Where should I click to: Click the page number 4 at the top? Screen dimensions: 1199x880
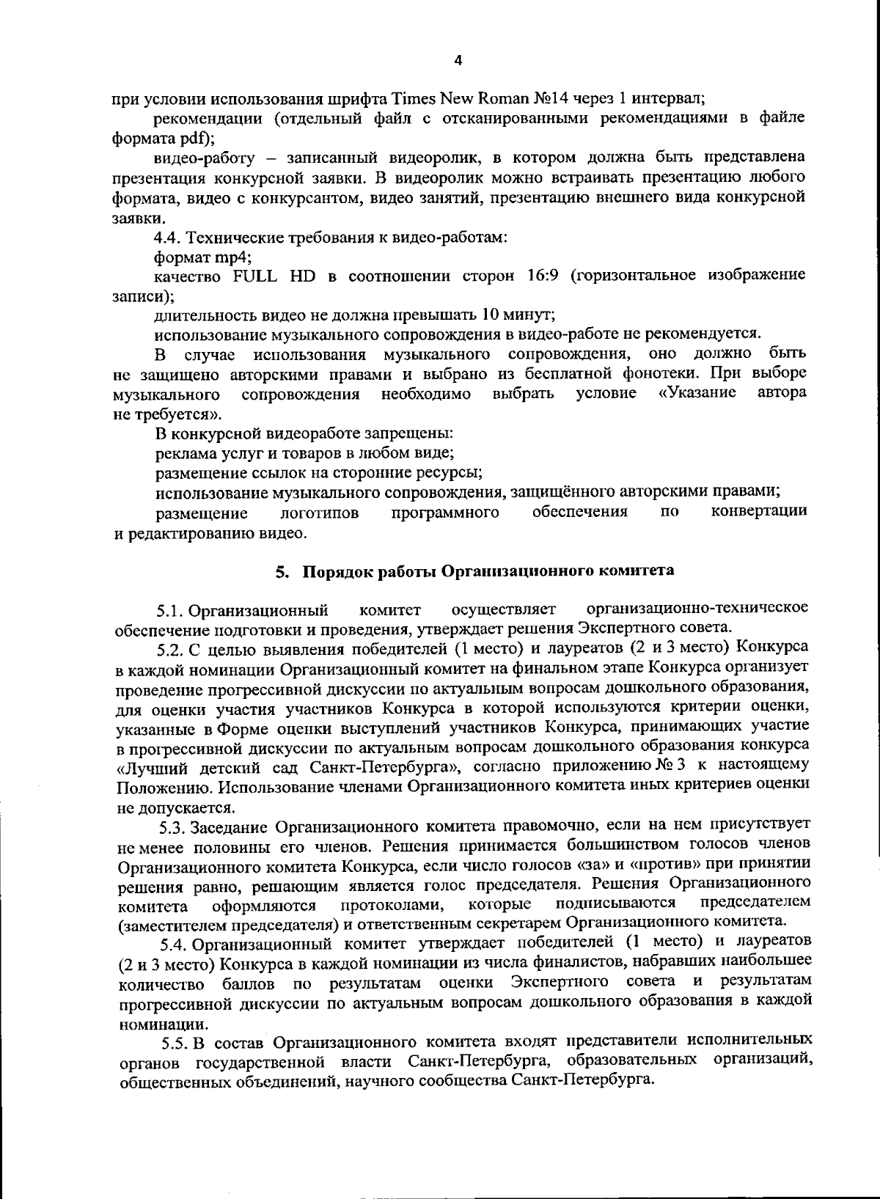458,61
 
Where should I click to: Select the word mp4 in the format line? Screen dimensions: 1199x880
233,257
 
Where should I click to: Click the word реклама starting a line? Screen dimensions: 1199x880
185,452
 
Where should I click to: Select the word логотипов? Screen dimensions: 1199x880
320,513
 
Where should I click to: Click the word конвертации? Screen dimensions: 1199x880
759,511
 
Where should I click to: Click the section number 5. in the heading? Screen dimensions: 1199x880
281,572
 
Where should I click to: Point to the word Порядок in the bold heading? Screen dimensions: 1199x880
334,572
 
